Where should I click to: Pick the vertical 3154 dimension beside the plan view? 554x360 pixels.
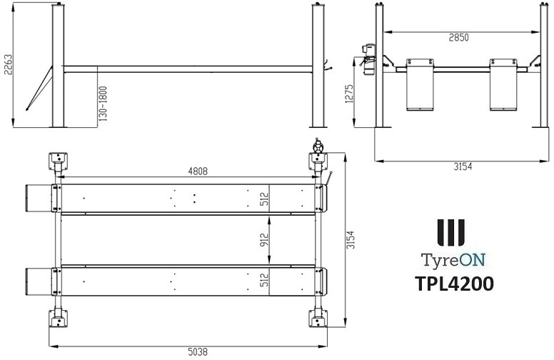click(x=352, y=239)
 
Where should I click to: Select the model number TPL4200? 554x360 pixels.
click(x=453, y=283)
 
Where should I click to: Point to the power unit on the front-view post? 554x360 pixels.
click(x=369, y=57)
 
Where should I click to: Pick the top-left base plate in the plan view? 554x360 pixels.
click(x=56, y=159)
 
